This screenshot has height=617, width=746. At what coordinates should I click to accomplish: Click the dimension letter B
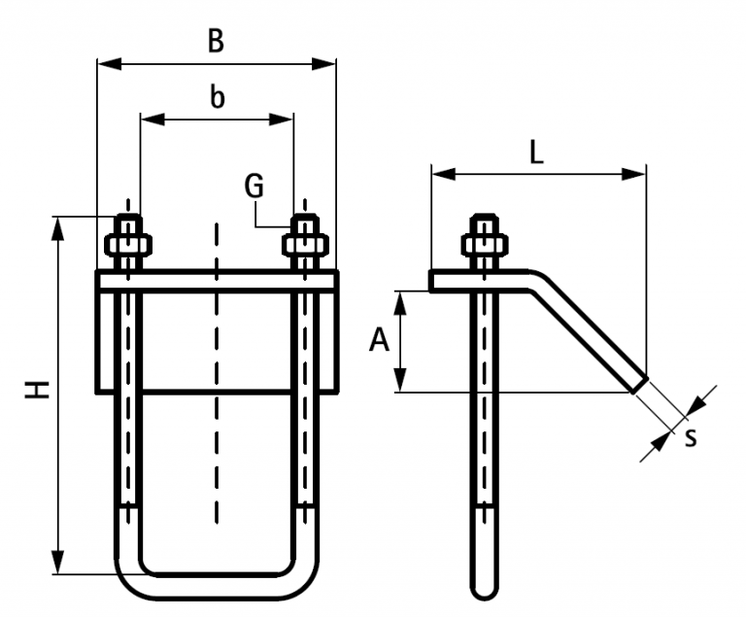pos(216,41)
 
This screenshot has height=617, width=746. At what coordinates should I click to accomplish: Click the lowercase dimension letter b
pos(217,96)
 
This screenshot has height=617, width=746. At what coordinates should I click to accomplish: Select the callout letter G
pos(254,185)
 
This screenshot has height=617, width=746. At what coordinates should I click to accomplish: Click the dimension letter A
pos(380,340)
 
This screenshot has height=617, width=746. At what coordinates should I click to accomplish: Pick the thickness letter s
pos(691,437)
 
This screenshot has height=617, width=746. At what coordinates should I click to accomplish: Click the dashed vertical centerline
pos(217,369)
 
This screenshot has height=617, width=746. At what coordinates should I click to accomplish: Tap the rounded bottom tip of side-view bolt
pos(483,591)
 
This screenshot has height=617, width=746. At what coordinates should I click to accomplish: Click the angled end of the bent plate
pos(638,383)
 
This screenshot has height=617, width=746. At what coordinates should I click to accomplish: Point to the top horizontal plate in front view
pos(217,280)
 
